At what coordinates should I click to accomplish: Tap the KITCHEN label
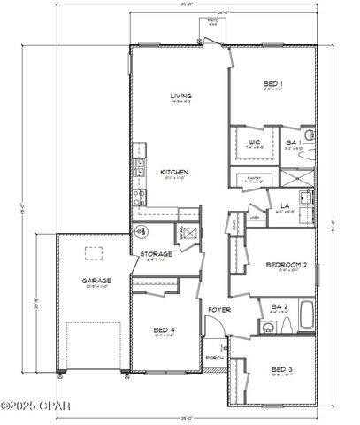click(171, 173)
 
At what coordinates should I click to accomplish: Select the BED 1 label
click(272, 84)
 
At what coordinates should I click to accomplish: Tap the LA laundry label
click(286, 205)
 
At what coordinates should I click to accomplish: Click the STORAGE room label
click(156, 254)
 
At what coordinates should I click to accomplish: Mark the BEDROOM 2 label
click(285, 265)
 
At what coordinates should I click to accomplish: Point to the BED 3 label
click(280, 367)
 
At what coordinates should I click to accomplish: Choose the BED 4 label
click(162, 330)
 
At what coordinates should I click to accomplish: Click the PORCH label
click(212, 359)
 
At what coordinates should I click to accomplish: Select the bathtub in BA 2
click(306, 313)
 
